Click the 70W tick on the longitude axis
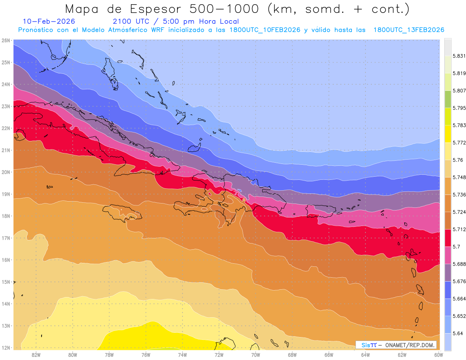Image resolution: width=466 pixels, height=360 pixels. click(x=256, y=355)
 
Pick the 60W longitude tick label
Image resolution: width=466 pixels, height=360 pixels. click(x=439, y=355)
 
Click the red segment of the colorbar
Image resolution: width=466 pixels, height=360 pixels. click(x=448, y=238)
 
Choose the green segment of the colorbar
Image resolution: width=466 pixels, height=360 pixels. click(x=448, y=99)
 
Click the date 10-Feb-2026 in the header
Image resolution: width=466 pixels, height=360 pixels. click(x=49, y=21)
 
